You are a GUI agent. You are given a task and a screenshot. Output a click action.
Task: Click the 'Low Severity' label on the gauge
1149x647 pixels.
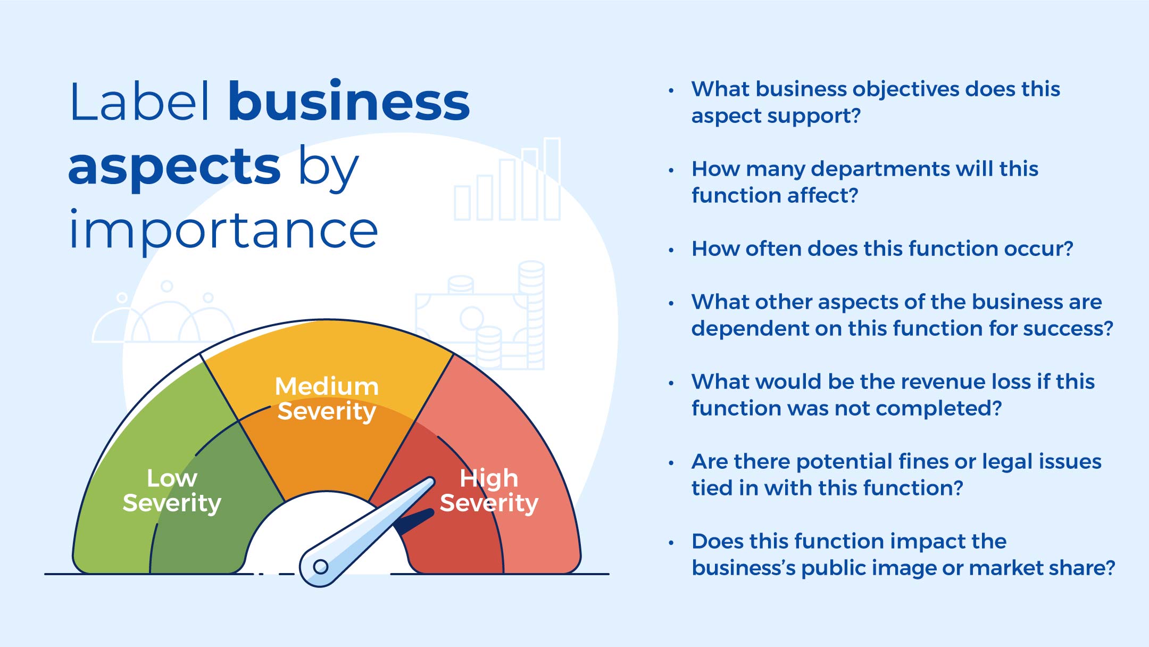click(x=172, y=491)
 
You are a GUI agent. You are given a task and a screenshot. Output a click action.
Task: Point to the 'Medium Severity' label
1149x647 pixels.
click(x=327, y=399)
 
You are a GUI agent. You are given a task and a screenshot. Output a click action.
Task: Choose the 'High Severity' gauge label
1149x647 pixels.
click(x=489, y=491)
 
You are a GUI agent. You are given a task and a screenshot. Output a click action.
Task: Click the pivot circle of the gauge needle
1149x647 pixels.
click(x=321, y=567)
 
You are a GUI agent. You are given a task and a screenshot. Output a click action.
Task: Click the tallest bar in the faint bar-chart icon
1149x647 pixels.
click(x=552, y=179)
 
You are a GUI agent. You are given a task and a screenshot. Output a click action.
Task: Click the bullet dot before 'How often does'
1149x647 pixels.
click(x=671, y=250)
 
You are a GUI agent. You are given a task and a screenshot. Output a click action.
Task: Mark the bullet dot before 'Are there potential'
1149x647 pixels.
click(x=671, y=462)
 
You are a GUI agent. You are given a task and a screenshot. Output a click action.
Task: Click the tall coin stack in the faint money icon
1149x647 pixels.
click(x=531, y=314)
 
